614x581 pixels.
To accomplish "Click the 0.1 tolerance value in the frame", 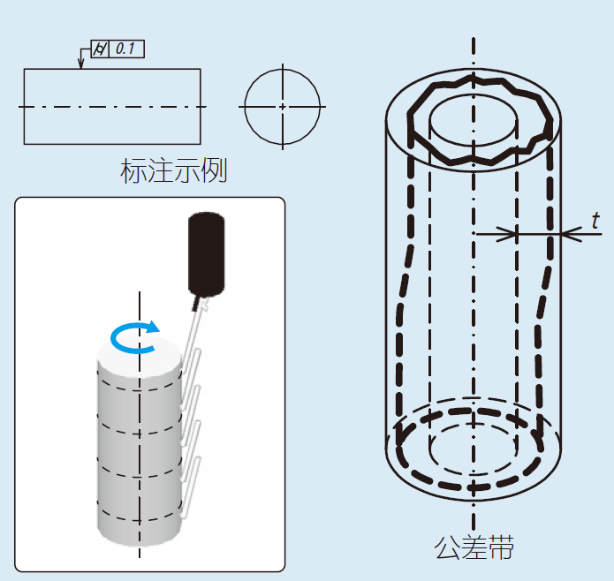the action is pyautogui.click(x=125, y=49).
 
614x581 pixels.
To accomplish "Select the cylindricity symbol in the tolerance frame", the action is pyautogui.click(x=100, y=49).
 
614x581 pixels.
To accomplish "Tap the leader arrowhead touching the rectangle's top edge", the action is pyautogui.click(x=81, y=64).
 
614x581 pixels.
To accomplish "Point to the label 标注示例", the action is pyautogui.click(x=173, y=170).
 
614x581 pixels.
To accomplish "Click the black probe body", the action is pyautogui.click(x=207, y=254).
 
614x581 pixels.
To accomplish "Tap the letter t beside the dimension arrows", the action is pyautogui.click(x=595, y=221).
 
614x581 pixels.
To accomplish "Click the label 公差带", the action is pyautogui.click(x=474, y=547).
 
